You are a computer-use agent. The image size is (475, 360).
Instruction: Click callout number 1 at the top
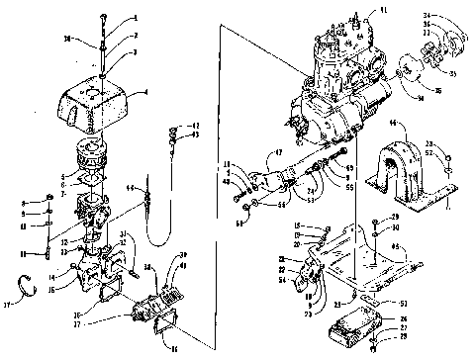pyautogui.click(x=136, y=18)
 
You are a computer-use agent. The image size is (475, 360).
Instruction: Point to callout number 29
pyautogui.click(x=394, y=217)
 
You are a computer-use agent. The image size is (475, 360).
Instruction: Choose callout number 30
pyautogui.click(x=394, y=228)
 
